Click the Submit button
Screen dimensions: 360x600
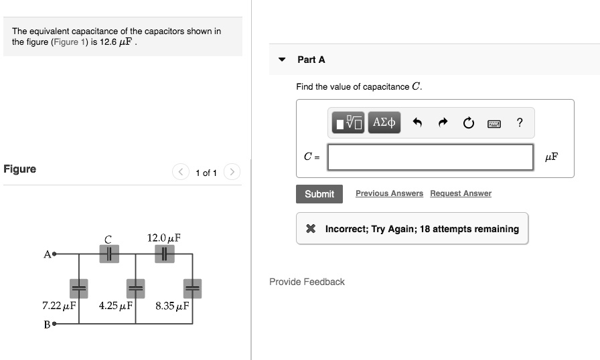[x=319, y=194]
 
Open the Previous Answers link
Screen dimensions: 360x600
[x=389, y=193]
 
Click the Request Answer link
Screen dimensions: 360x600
[x=460, y=193]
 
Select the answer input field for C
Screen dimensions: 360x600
[x=431, y=157]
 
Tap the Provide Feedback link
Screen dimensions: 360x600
[x=307, y=282]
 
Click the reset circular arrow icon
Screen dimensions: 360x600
[x=468, y=122]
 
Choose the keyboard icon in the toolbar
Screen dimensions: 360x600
[x=494, y=123]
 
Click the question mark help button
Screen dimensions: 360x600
[x=520, y=122]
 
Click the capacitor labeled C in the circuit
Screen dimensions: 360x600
[x=108, y=254]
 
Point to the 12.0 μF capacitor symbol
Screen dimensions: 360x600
[x=164, y=254]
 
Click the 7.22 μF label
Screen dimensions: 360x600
[x=59, y=306]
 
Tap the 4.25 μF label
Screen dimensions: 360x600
[x=115, y=306]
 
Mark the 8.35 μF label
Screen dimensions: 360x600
[x=172, y=306]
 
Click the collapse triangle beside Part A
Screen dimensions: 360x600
[x=283, y=60]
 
